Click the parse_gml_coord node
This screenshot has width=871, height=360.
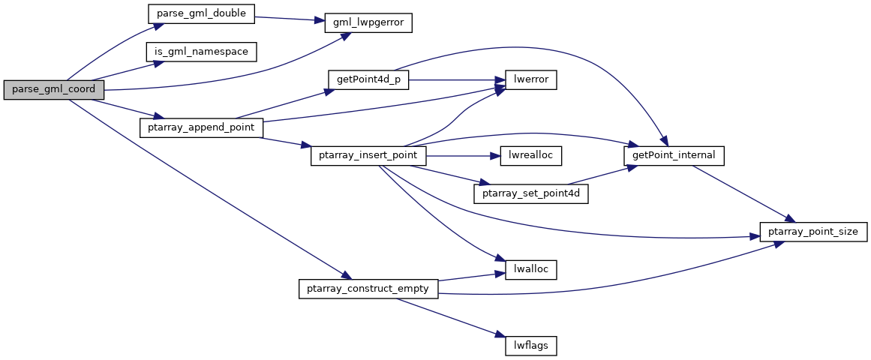53,89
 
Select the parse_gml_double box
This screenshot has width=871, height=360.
200,13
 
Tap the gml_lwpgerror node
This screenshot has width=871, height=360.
368,22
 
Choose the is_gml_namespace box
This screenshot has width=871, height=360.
202,52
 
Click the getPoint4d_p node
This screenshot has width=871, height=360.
368,80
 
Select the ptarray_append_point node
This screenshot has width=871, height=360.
202,127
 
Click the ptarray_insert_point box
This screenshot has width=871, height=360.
368,156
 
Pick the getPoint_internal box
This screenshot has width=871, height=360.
674,156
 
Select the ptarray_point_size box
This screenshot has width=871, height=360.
814,232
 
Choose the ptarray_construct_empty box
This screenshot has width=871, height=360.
368,289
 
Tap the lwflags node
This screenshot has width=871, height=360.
530,346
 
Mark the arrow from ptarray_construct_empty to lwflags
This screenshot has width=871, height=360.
447,316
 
